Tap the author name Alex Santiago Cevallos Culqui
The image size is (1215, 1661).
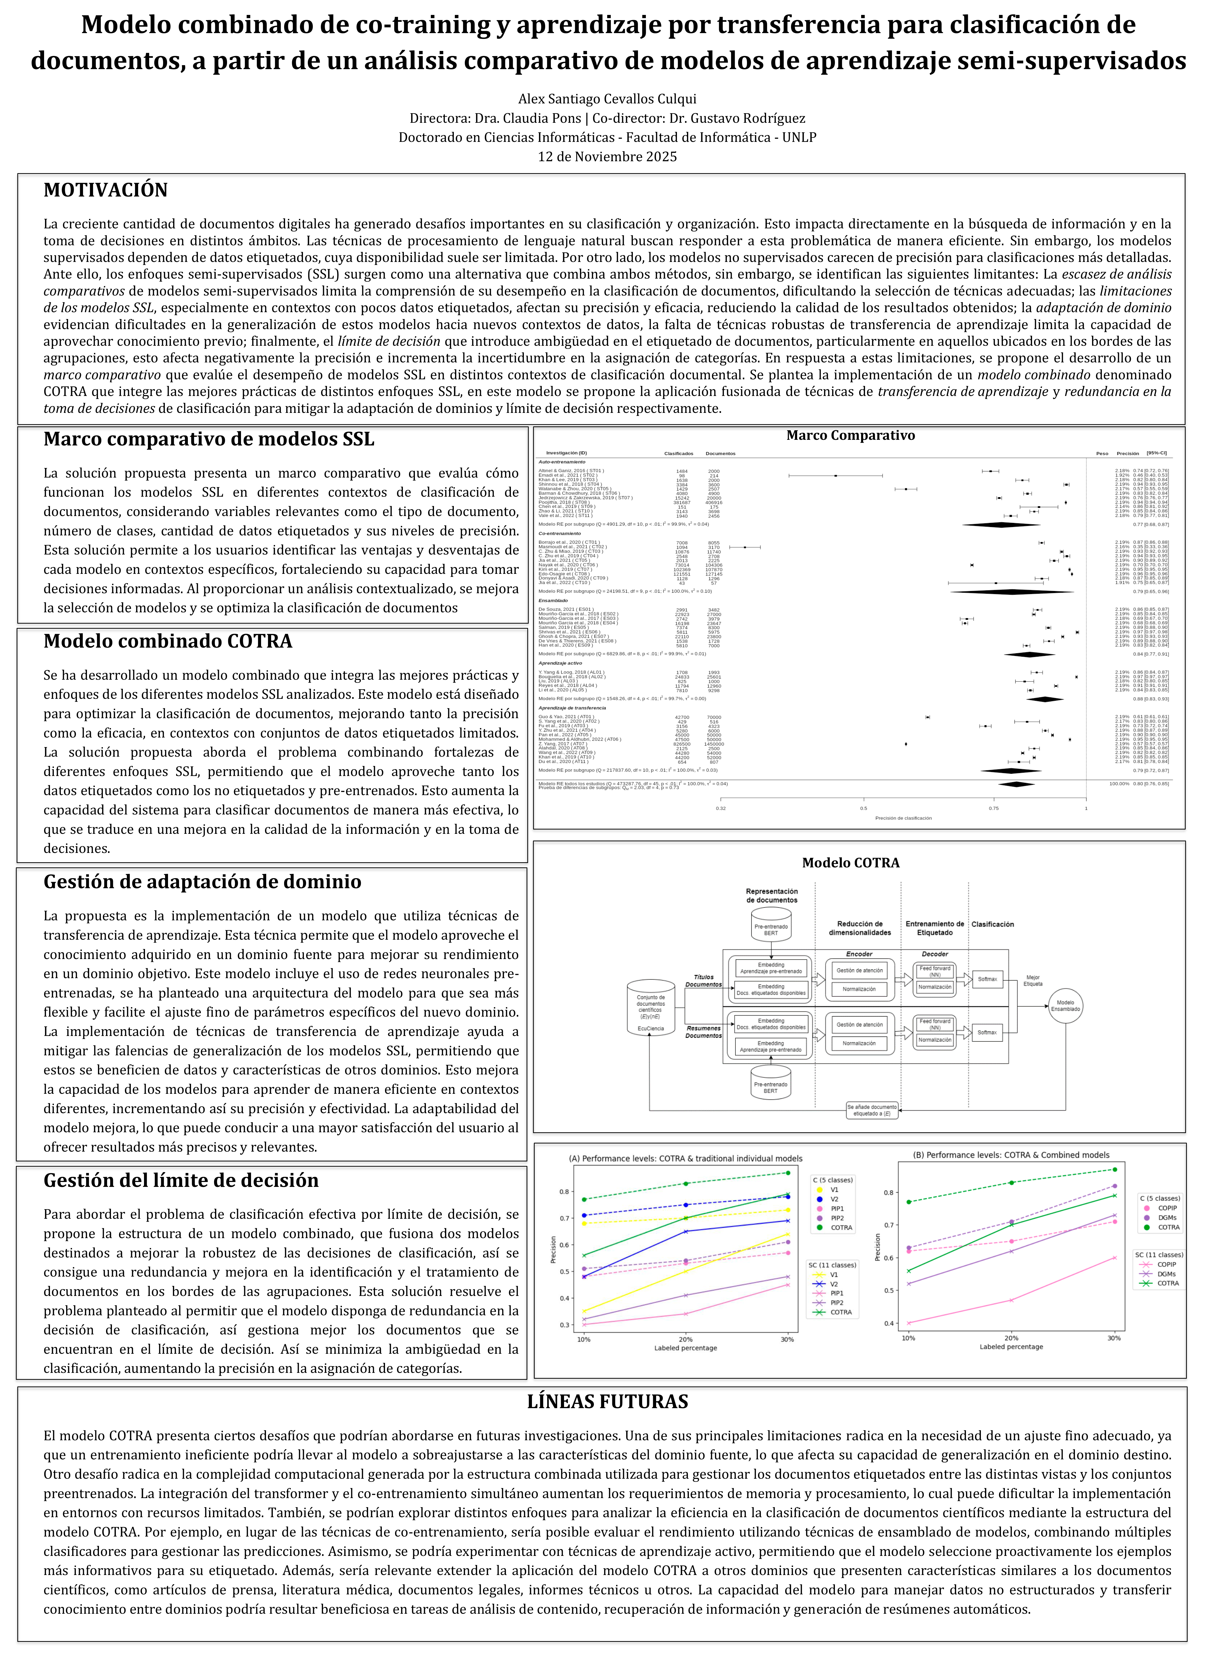click(x=607, y=98)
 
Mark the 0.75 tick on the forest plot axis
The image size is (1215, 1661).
click(x=994, y=808)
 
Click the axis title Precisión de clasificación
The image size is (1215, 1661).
click(x=903, y=818)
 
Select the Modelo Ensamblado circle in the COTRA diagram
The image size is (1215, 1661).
click(x=1065, y=1006)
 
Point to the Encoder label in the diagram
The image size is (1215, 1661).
click(x=859, y=954)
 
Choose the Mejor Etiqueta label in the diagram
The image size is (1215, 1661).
click(x=1033, y=981)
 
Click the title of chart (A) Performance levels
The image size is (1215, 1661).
click(x=686, y=1158)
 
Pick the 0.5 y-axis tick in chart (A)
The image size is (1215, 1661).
click(x=565, y=1271)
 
